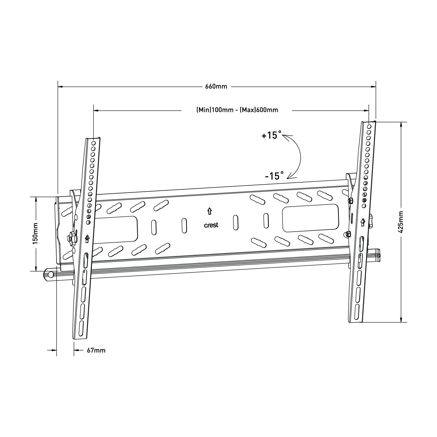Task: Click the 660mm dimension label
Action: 216,87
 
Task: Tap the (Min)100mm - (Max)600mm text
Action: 237,110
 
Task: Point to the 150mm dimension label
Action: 36,233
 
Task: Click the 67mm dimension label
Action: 96,350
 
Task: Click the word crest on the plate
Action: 211,225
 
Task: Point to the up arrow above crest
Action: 209,211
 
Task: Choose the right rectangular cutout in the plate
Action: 311,218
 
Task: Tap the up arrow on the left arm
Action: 87,239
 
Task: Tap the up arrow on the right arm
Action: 363,223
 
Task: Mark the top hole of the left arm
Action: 94,143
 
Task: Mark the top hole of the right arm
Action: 369,126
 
